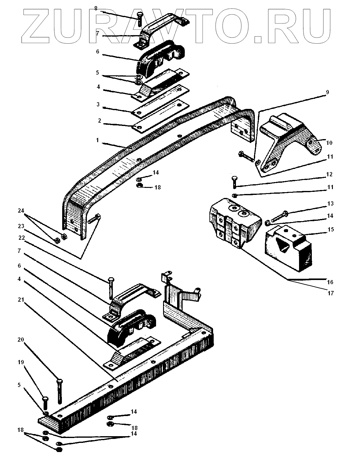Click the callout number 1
[98, 141]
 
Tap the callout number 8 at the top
[96, 8]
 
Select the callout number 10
[330, 143]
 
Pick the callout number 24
[21, 211]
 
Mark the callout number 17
[331, 293]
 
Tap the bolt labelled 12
[234, 182]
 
